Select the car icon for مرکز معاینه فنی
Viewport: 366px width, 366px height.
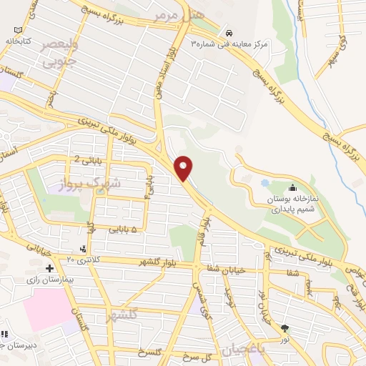(x=227, y=32)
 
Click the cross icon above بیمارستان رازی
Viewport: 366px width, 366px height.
(x=49, y=269)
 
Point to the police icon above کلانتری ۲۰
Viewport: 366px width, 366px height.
(x=84, y=248)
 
